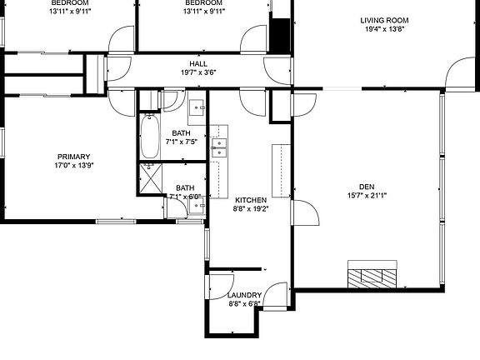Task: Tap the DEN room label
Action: [367, 187]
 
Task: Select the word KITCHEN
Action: [250, 200]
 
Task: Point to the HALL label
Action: [198, 63]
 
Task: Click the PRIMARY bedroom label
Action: [73, 157]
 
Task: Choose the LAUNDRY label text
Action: [245, 295]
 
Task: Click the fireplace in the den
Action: [372, 276]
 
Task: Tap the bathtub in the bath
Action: [151, 137]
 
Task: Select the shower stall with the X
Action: [151, 177]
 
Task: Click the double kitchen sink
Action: [219, 147]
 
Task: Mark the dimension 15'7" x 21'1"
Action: [367, 196]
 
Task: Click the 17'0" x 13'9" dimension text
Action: [73, 166]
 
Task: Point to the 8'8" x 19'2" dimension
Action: [250, 209]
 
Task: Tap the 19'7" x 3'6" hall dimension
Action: [198, 72]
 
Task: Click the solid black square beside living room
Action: [280, 33]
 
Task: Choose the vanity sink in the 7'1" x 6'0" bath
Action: [196, 205]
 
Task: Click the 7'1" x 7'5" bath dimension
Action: [184, 142]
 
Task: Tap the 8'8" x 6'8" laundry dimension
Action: [245, 304]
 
